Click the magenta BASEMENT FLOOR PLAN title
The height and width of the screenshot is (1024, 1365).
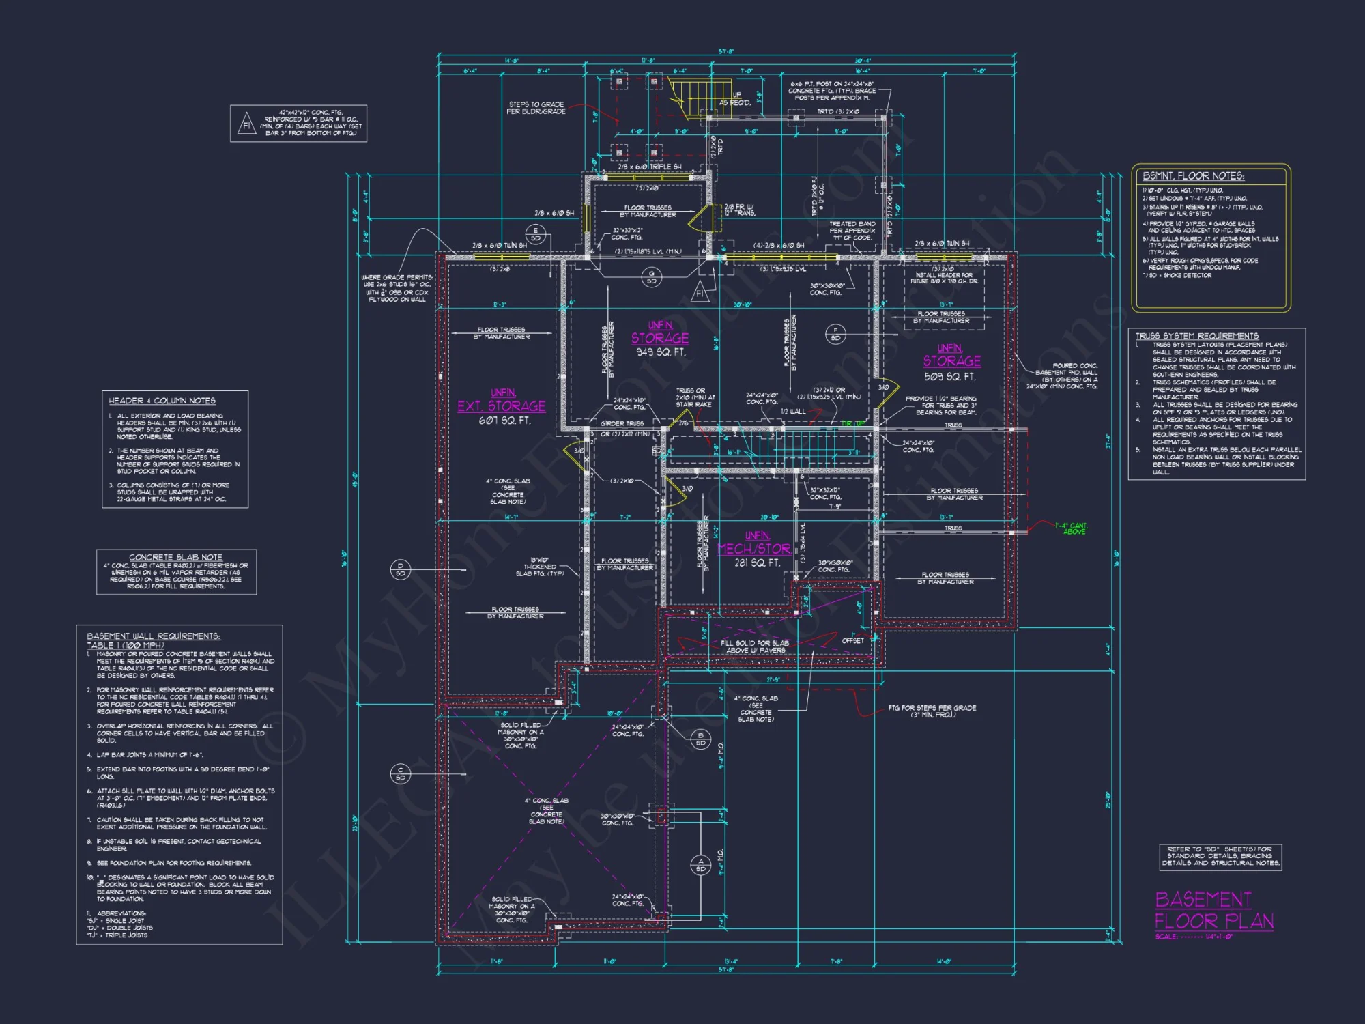1213,910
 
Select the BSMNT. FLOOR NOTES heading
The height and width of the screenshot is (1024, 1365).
1193,176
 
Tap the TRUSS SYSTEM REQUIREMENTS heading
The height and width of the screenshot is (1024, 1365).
1196,336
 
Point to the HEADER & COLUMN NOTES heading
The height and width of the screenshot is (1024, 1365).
162,401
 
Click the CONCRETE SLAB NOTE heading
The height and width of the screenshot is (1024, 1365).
175,557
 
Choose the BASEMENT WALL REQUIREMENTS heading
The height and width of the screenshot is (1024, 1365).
153,636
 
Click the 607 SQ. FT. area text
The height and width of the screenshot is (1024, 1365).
504,421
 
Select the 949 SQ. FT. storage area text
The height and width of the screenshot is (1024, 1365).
661,352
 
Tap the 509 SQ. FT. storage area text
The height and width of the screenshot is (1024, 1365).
950,377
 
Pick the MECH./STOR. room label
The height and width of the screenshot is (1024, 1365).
754,549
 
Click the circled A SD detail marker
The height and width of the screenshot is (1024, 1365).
700,865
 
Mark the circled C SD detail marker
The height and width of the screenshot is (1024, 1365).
401,773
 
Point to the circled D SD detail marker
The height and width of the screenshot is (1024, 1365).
401,569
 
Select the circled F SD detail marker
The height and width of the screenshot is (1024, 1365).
835,334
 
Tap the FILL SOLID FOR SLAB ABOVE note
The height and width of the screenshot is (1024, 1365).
754,646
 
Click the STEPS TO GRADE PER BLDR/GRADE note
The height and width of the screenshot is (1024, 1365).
536,108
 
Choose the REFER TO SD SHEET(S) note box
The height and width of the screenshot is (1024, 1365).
1220,856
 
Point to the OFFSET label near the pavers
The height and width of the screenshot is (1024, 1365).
852,640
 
